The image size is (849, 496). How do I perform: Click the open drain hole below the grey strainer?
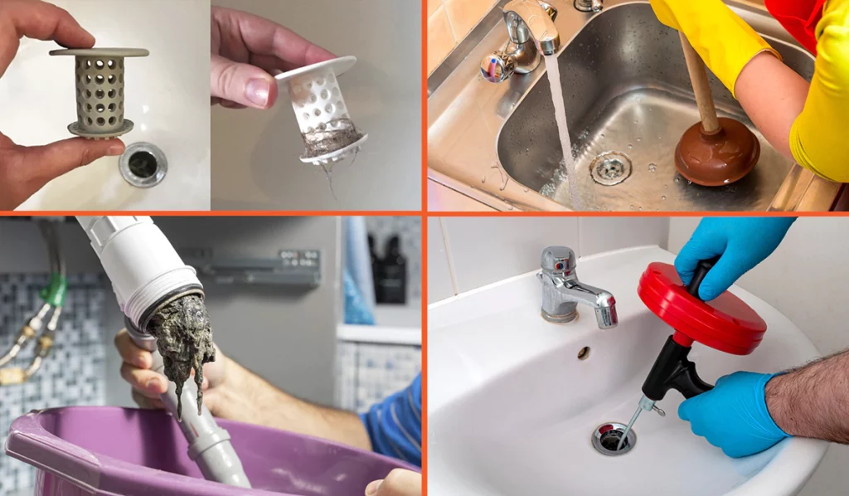click(x=143, y=163)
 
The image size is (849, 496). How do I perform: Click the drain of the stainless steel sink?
click(x=610, y=168)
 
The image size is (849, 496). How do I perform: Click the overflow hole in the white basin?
click(x=583, y=353)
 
